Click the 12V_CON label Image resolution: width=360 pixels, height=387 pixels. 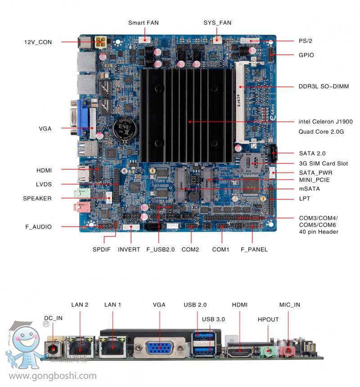[x=38, y=42]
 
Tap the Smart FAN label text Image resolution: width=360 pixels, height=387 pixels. [x=143, y=22]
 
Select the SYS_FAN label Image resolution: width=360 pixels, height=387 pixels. [x=217, y=22]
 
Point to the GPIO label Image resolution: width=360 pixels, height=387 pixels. [x=306, y=55]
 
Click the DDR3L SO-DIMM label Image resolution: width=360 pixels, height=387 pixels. [x=324, y=86]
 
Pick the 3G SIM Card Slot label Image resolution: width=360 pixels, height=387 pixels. [x=323, y=163]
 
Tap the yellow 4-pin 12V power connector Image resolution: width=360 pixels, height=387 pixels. [x=101, y=43]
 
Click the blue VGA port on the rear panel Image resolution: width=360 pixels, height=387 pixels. [x=160, y=349]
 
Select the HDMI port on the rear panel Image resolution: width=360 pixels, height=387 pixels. [x=239, y=350]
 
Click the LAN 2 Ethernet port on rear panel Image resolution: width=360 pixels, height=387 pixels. [x=80, y=347]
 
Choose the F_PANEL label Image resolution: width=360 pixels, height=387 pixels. [x=254, y=249]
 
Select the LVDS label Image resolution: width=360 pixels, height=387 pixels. [x=44, y=184]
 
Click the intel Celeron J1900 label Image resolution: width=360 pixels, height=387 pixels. [x=325, y=121]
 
